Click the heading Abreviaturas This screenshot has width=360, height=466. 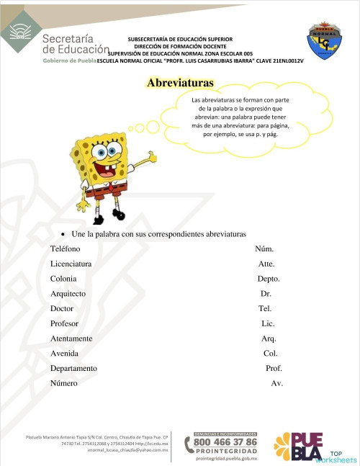point(180,83)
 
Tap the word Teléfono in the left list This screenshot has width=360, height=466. point(66,248)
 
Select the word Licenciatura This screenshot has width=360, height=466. point(71,264)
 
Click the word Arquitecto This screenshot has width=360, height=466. point(68,294)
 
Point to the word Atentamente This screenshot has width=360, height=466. point(71,339)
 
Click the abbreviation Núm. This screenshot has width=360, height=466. point(264,248)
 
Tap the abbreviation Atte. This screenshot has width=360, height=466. point(266,264)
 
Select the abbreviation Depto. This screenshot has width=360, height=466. point(269,279)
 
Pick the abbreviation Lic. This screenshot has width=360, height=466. point(268,323)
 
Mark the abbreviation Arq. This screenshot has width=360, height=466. point(269,339)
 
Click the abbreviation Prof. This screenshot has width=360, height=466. point(274,368)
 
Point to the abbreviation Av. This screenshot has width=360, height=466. point(276,383)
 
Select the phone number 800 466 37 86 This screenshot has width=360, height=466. point(225,442)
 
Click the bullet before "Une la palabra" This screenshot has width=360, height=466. point(64,235)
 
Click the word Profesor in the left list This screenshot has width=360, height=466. point(64,323)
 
